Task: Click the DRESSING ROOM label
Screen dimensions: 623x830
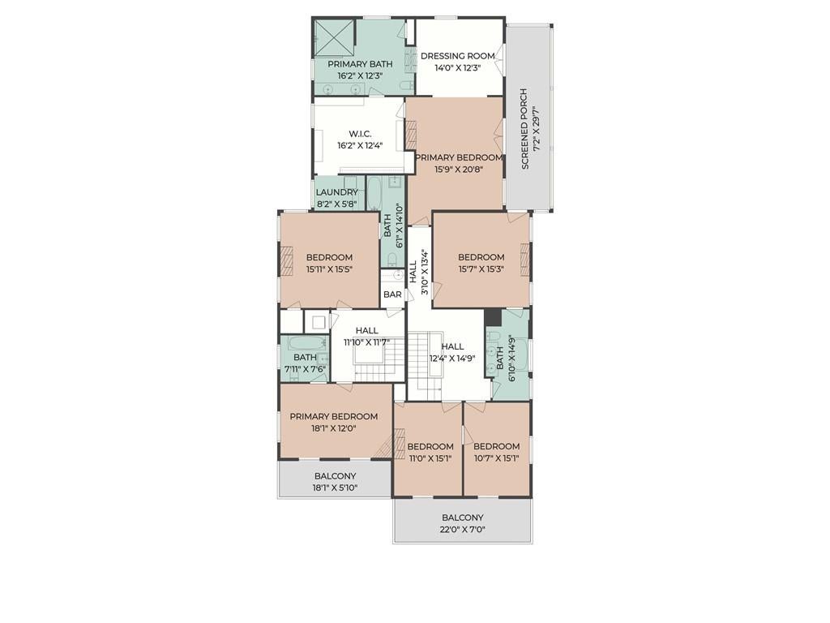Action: click(x=458, y=56)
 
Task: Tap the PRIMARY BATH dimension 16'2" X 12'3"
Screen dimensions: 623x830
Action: click(x=360, y=75)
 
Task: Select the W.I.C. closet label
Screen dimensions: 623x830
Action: click(x=360, y=134)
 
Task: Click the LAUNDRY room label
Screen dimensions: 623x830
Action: click(x=336, y=192)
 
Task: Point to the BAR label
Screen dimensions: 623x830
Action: click(x=393, y=294)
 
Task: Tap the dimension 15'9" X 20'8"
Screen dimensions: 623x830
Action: click(x=459, y=170)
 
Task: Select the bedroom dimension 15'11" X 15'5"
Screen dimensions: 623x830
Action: click(x=329, y=269)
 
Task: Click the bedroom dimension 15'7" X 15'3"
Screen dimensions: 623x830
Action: click(x=481, y=269)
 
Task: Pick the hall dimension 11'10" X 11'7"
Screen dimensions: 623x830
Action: click(x=366, y=342)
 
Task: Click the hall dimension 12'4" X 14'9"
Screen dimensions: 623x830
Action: click(x=452, y=358)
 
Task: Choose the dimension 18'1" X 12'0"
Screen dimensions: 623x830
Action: click(x=334, y=428)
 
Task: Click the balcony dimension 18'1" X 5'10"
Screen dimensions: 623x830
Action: click(x=335, y=488)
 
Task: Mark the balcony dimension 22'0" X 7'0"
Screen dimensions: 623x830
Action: click(x=463, y=530)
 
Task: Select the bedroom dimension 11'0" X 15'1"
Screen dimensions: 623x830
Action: click(x=430, y=458)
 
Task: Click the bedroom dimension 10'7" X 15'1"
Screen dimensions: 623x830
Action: click(x=496, y=458)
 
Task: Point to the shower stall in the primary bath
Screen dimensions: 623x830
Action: click(x=335, y=37)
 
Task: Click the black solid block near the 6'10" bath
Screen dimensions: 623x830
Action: click(x=491, y=317)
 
